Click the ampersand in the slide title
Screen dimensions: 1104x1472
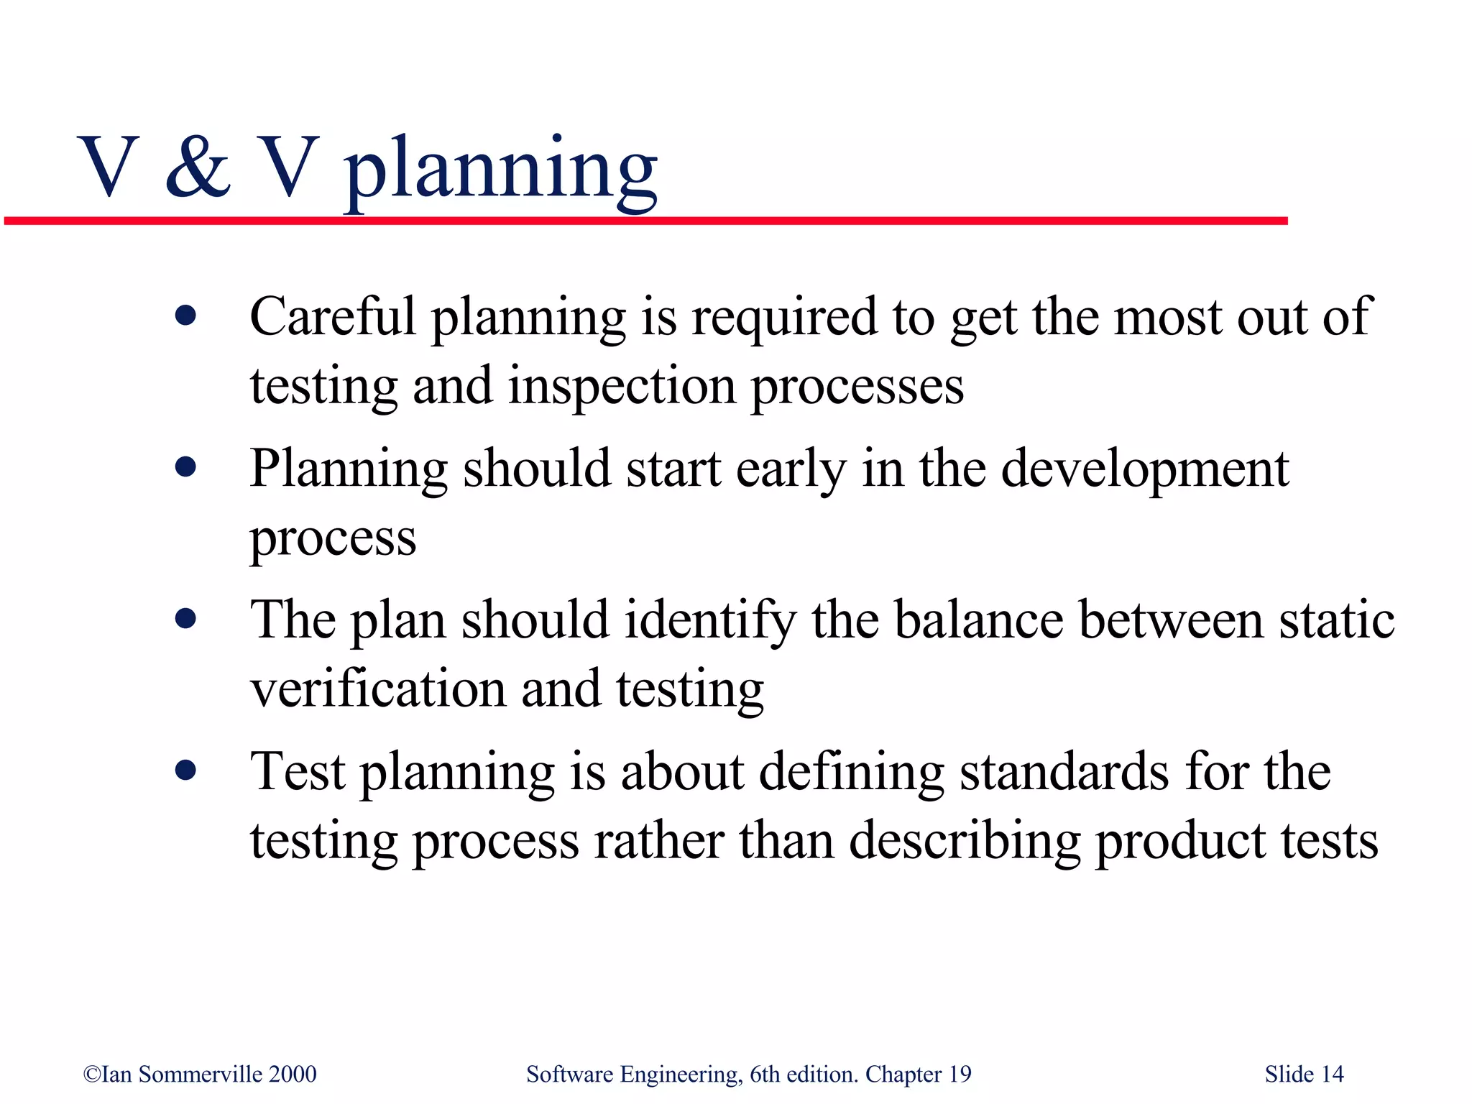(x=198, y=167)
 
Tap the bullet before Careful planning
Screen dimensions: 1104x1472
(x=185, y=316)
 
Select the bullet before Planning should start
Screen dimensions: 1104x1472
(x=185, y=468)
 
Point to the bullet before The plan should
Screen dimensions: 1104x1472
(x=185, y=619)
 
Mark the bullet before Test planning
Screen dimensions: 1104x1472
(x=185, y=771)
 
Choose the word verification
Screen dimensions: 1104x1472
(x=377, y=689)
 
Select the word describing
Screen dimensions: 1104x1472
(x=965, y=841)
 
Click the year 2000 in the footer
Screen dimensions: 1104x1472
(x=293, y=1074)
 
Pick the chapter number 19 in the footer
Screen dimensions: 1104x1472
(x=960, y=1074)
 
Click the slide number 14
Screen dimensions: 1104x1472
(x=1333, y=1074)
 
